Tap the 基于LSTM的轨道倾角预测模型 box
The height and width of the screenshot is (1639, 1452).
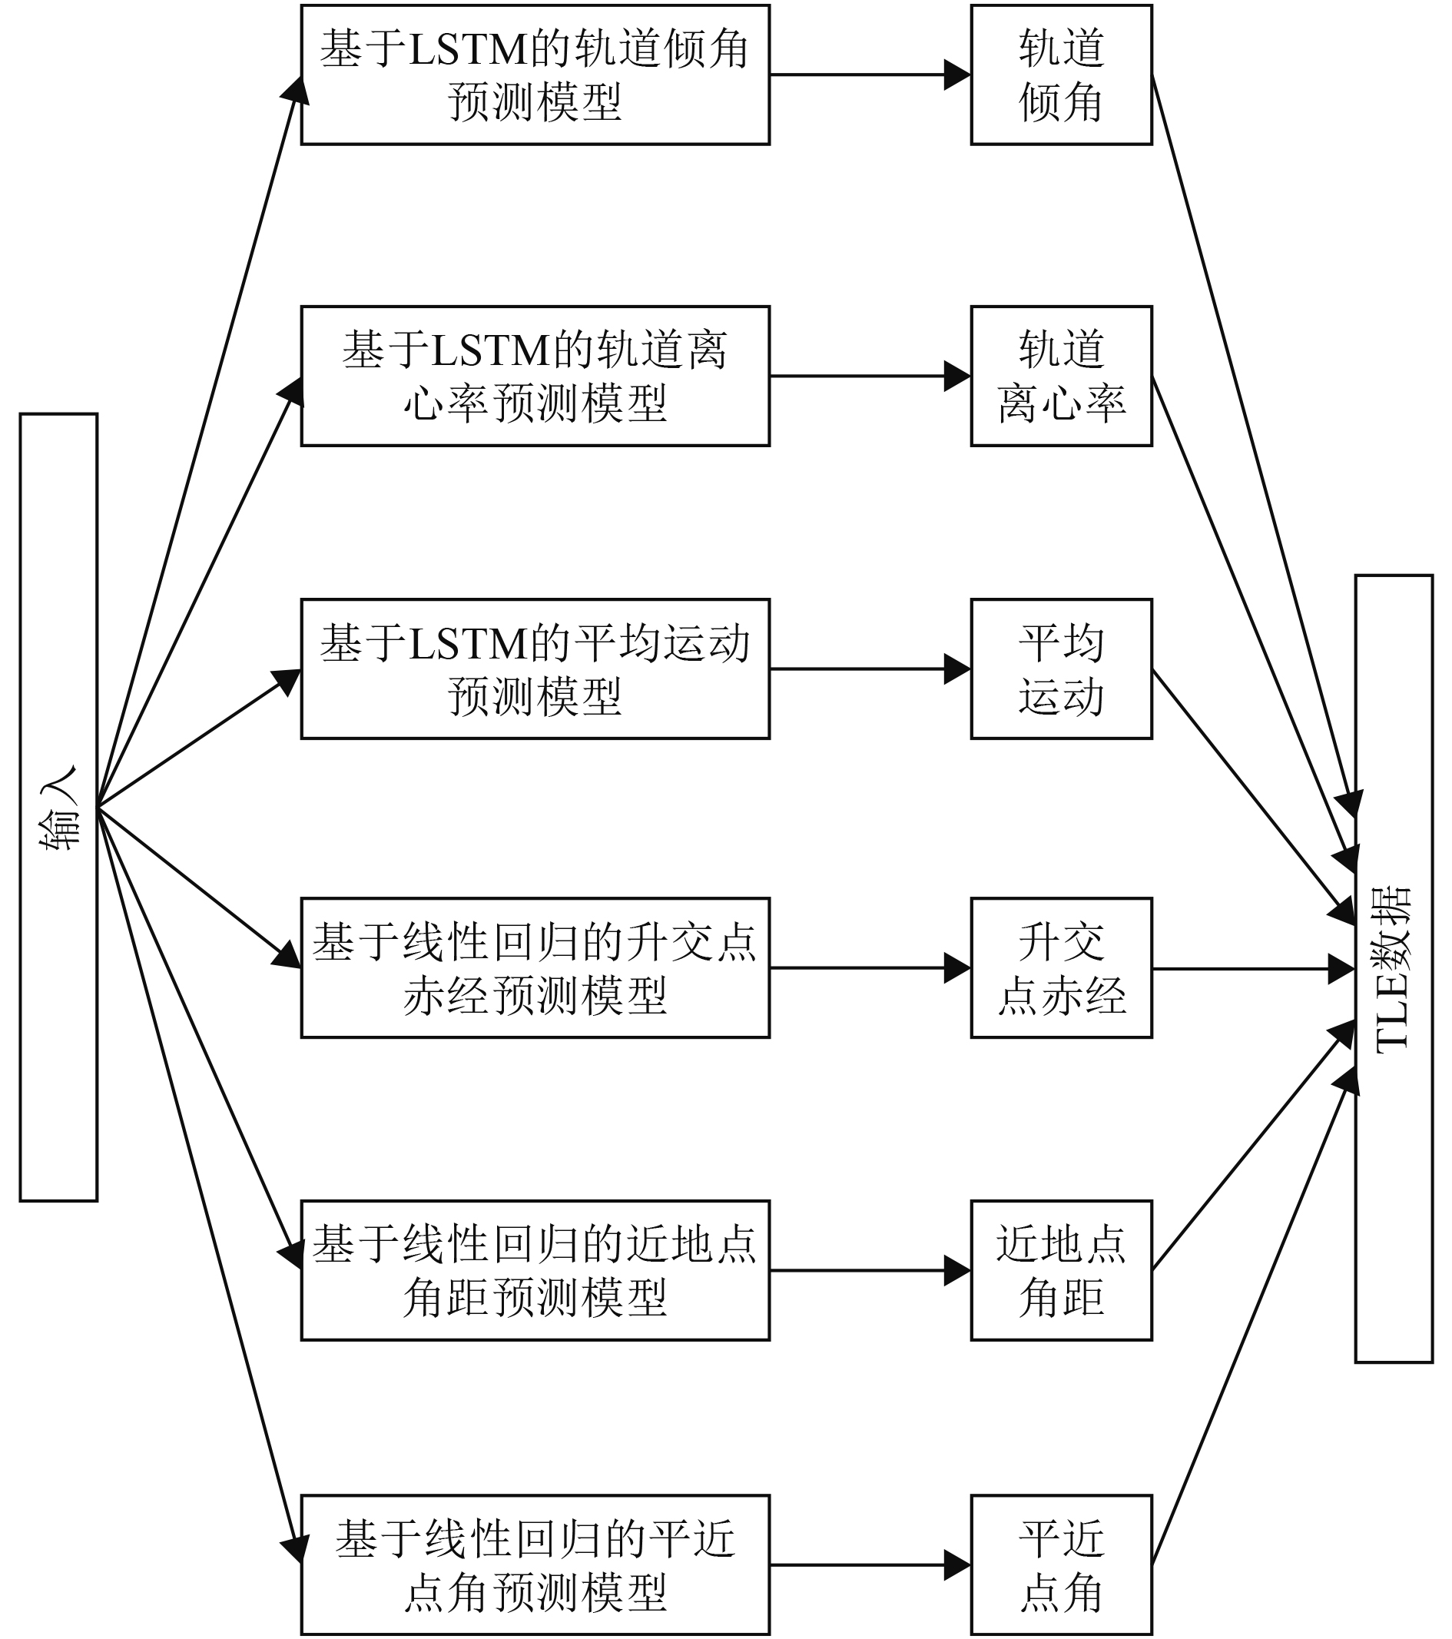tap(535, 75)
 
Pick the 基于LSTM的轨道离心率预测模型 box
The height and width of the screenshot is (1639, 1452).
tap(535, 376)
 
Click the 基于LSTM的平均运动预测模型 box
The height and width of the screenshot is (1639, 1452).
tap(535, 669)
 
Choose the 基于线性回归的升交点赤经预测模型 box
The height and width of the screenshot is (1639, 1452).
tap(535, 968)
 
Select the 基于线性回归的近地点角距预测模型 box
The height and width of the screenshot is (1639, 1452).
tap(535, 1270)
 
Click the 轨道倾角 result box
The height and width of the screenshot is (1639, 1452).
tap(1061, 75)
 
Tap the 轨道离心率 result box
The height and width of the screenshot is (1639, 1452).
tap(1061, 376)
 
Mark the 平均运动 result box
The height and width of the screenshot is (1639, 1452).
tap(1061, 669)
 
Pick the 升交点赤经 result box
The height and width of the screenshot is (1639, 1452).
tap(1061, 968)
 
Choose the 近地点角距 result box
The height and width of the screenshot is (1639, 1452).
tap(1061, 1270)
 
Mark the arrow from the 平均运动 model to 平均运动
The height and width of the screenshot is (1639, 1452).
tap(870, 669)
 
